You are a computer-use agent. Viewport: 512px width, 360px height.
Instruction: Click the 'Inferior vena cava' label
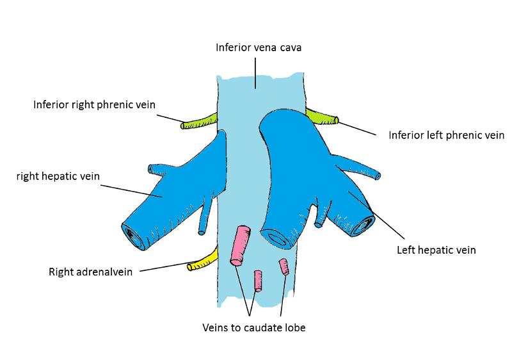tap(255, 48)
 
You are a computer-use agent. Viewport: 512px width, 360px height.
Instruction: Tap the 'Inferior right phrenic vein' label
tap(95, 104)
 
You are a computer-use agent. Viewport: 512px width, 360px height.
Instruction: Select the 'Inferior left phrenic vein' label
tap(447, 136)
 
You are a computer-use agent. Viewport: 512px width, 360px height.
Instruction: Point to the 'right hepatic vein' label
tap(58, 176)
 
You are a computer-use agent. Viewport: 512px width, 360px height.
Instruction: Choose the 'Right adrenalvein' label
tap(90, 272)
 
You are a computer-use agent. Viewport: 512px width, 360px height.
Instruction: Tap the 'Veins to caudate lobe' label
tap(254, 327)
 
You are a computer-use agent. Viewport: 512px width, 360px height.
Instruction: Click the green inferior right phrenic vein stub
tap(198, 121)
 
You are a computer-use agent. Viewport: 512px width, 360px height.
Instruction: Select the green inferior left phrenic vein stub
tap(322, 116)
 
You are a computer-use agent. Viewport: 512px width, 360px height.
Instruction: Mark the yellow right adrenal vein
tap(200, 261)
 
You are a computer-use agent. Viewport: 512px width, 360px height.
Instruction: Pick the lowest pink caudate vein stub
tap(259, 281)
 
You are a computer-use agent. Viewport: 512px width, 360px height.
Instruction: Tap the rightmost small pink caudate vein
tap(284, 266)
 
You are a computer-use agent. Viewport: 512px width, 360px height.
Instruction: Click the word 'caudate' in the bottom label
tap(264, 327)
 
